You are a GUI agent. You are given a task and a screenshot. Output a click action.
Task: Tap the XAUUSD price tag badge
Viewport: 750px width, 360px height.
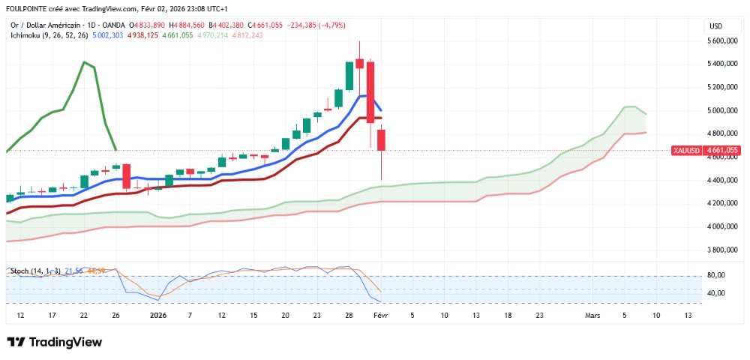686,150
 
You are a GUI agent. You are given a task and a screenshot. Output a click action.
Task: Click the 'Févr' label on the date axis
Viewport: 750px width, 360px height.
381,316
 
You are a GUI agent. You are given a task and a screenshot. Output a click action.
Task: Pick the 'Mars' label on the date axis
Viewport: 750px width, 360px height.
592,316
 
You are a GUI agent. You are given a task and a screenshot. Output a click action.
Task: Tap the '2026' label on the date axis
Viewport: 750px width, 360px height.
158,316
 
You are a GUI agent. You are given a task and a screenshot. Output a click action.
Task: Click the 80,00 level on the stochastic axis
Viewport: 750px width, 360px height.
717,275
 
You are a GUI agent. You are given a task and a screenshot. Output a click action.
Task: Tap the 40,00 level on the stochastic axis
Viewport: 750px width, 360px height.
717,292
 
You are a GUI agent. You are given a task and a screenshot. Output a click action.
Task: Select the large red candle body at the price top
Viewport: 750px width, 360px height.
370,90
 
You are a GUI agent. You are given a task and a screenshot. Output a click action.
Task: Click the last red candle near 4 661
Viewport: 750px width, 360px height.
381,140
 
